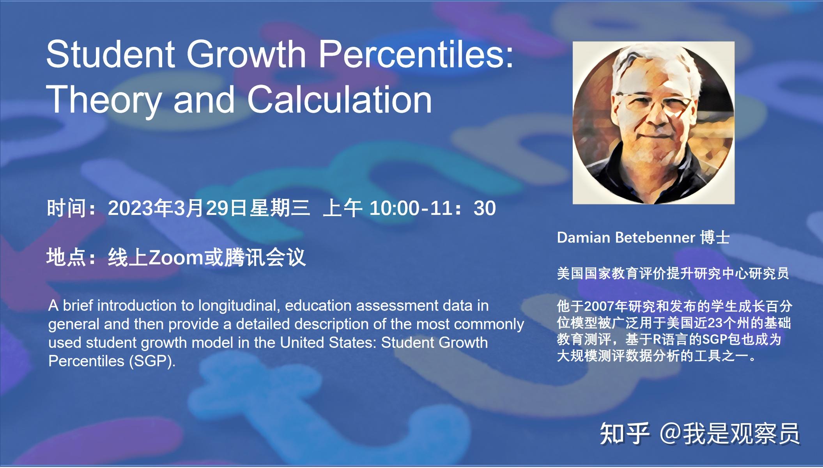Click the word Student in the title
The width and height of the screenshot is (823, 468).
point(110,54)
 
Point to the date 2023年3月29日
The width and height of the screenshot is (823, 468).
point(178,208)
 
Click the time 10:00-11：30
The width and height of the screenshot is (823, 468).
point(432,208)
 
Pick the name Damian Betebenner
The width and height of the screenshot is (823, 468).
point(626,238)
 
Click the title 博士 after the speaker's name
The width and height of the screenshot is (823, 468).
point(715,238)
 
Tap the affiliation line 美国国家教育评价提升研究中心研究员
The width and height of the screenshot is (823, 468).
point(673,273)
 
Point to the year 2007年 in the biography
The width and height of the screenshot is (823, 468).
point(605,306)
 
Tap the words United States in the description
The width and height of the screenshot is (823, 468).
point(328,342)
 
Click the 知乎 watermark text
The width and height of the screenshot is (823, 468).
point(624,433)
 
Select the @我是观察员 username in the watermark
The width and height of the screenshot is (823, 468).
point(729,433)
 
